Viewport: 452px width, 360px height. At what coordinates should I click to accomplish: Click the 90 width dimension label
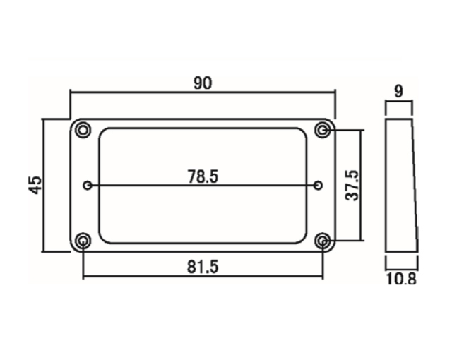point(203,83)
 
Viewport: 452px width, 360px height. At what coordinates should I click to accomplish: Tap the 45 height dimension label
point(36,185)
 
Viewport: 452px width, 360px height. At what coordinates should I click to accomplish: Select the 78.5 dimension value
point(203,176)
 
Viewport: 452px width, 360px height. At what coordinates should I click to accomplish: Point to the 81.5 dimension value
point(203,267)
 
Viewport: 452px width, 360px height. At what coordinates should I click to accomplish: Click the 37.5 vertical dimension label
point(352,185)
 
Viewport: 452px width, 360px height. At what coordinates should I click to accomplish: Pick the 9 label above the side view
point(398,92)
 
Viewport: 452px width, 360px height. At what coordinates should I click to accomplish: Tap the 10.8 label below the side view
point(401,279)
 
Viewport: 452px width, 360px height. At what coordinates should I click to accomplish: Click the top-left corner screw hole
point(83,130)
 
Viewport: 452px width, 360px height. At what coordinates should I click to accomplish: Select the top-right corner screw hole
point(323,130)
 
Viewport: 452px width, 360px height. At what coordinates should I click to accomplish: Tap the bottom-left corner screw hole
point(83,241)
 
